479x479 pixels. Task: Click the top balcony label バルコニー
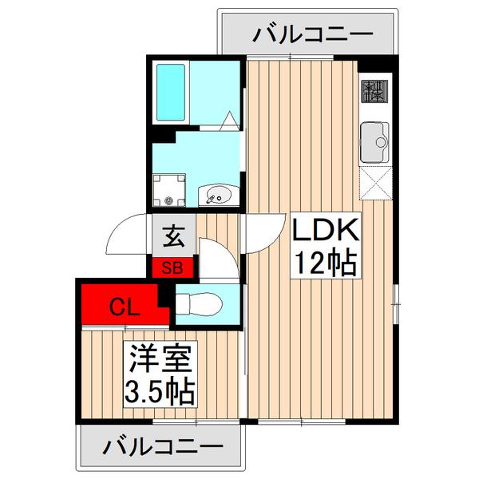[x=313, y=34]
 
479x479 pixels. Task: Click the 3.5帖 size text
[x=161, y=391]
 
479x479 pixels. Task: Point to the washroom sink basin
[x=217, y=194]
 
